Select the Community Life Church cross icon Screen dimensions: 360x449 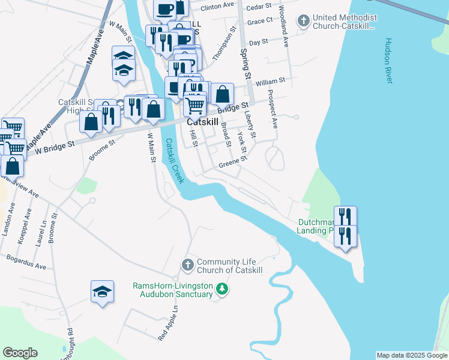tap(187, 265)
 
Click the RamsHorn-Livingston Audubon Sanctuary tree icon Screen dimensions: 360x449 tap(223, 290)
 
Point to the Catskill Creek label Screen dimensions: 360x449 tap(173, 160)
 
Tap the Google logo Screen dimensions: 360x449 tap(20, 353)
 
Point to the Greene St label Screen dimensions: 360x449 tap(232, 163)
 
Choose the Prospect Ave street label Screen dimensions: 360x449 tap(273, 109)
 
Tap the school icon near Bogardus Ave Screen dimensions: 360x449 tap(102, 292)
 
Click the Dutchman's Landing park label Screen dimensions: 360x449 tap(316, 226)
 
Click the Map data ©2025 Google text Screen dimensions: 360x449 tap(412, 355)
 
